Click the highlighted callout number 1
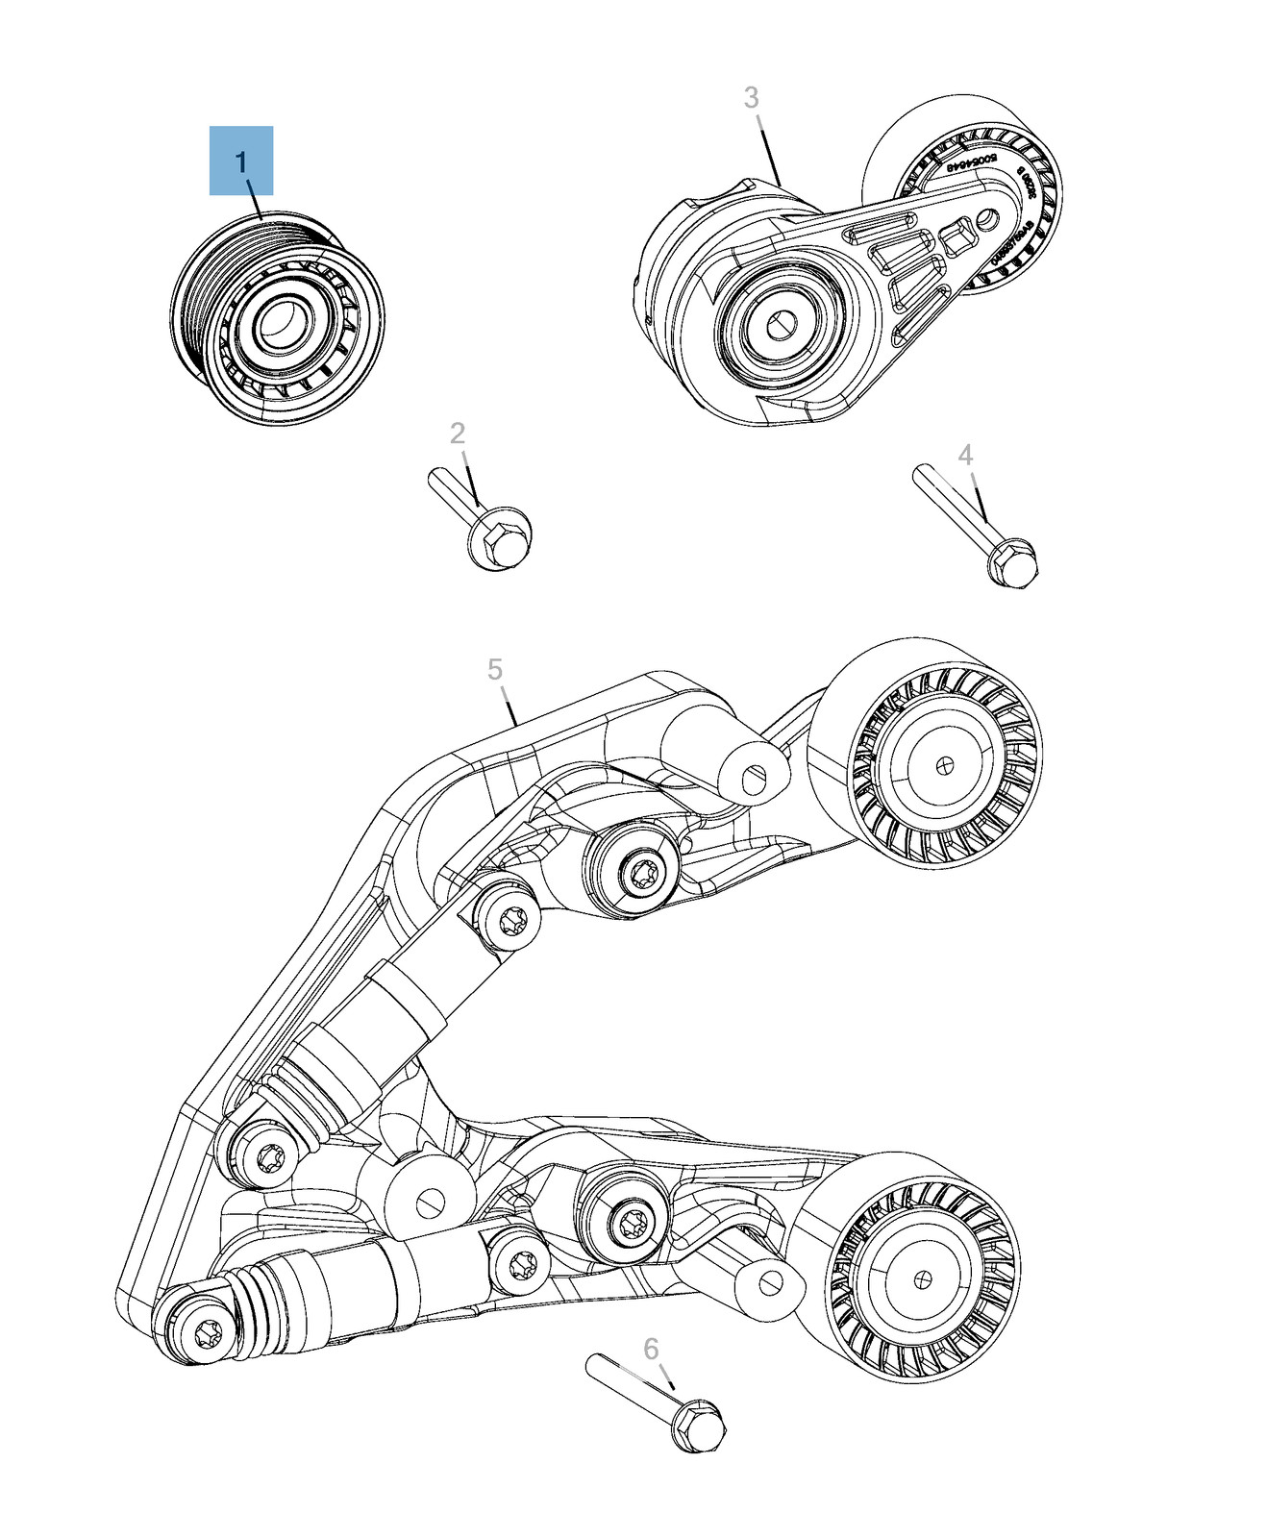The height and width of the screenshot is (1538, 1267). pos(241,161)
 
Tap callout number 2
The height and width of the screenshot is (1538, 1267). pos(458,434)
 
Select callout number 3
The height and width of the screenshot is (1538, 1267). pos(752,97)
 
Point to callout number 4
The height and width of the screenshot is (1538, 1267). pos(965,455)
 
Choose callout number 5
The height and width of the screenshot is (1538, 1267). pos(495,670)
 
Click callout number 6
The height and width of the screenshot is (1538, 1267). pos(651,1350)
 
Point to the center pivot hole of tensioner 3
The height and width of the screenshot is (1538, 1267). pos(782,324)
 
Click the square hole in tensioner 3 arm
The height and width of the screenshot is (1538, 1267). pos(957,236)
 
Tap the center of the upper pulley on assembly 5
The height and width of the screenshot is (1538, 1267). pos(946,764)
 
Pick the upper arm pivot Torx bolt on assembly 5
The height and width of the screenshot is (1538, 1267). pos(639,874)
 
